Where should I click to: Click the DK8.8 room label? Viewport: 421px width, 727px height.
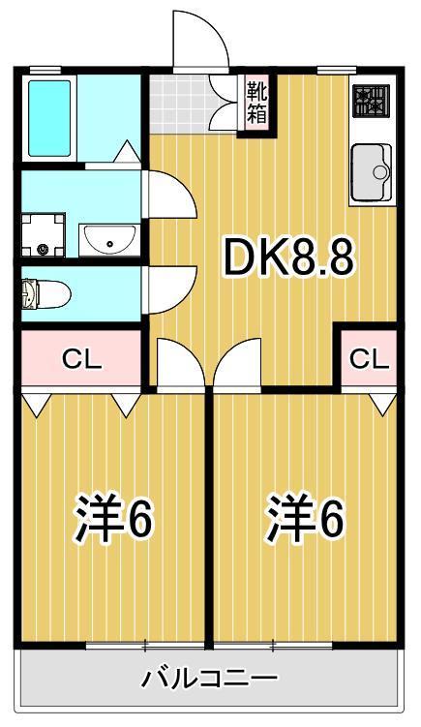(x=288, y=257)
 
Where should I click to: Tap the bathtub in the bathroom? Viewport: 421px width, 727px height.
(x=48, y=117)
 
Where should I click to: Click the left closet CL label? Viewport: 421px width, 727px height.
(x=81, y=358)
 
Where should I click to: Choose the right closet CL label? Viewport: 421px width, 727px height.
(x=368, y=358)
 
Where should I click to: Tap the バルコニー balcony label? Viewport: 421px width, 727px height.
(x=210, y=677)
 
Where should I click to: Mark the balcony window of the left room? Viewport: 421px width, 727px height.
(x=145, y=645)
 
